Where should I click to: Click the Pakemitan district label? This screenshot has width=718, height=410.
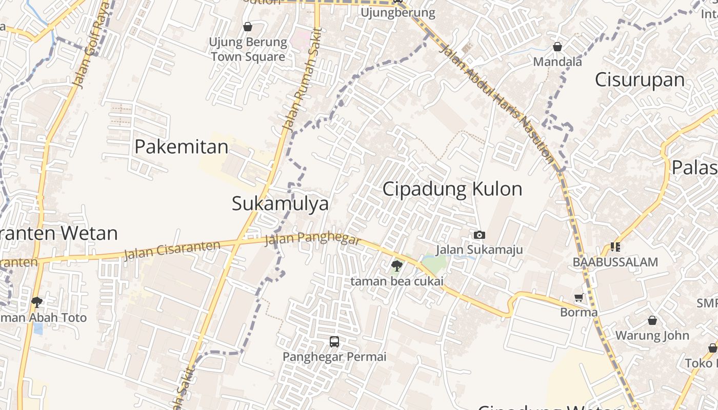pos(181,147)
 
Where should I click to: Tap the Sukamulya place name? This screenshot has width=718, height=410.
pos(280,203)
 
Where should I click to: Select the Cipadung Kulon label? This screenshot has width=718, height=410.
pos(452,189)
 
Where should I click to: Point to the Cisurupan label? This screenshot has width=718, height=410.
pos(640,80)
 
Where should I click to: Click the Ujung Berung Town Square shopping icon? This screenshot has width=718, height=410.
pos(248,27)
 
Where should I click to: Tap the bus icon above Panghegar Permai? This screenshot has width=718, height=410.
pos(334,341)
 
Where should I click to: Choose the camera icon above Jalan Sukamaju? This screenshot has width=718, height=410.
pos(480,235)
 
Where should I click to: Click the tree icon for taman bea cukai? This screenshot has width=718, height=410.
pos(396,265)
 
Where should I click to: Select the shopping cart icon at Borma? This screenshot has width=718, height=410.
pos(579,297)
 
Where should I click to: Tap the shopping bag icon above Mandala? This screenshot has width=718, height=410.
pos(557,47)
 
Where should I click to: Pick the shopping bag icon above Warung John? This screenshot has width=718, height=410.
pos(652,320)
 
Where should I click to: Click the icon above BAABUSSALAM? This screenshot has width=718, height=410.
pos(615,247)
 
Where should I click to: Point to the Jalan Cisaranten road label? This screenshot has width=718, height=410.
pos(172,250)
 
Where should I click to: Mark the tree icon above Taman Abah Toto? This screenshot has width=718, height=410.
pos(36,302)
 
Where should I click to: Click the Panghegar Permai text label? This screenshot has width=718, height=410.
pos(334,356)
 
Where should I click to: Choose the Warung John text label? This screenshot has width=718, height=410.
pos(652,336)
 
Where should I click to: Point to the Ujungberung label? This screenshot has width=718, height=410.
pos(398,12)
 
